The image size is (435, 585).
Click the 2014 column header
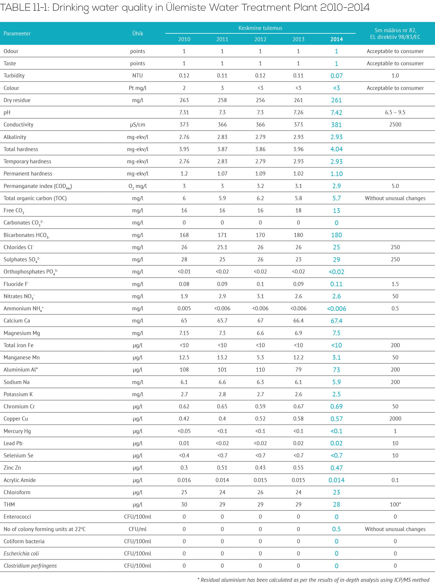[x=336, y=39]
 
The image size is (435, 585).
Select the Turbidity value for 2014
[x=336, y=76]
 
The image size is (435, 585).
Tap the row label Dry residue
[x=17, y=100]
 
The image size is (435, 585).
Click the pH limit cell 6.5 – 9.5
[x=395, y=113]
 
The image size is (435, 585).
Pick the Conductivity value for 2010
[x=184, y=125]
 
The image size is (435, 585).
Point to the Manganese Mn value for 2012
[x=260, y=358]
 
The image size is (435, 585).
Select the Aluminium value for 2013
[x=298, y=370]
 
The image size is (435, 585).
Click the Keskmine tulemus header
[x=260, y=28]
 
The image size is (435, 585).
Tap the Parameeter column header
[x=17, y=33]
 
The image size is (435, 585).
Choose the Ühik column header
[x=137, y=33]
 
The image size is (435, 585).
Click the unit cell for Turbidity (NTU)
[x=137, y=76]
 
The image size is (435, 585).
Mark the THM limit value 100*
[x=395, y=504]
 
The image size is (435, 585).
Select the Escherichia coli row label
[x=21, y=553]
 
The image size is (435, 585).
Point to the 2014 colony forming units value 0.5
[x=336, y=529]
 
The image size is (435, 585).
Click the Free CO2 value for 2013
[x=298, y=211]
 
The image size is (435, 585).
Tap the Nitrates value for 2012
[x=260, y=296]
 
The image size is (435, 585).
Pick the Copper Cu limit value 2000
[x=395, y=419]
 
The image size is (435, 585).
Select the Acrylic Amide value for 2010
[x=184, y=480]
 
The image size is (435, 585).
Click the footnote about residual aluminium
[x=313, y=580]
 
